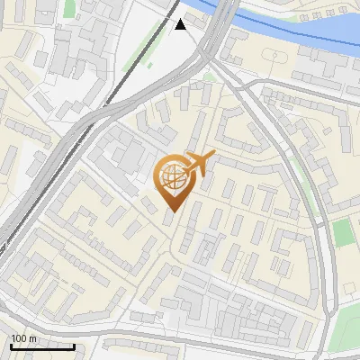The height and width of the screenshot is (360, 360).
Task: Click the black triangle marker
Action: click(181, 24)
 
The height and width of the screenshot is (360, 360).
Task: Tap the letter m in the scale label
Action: click(34, 337)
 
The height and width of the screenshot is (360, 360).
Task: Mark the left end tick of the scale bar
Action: click(11, 346)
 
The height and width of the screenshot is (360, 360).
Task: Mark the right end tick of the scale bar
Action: click(74, 346)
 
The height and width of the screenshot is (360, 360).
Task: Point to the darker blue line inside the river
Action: click(270, 24)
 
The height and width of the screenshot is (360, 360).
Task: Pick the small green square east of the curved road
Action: click(343, 232)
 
